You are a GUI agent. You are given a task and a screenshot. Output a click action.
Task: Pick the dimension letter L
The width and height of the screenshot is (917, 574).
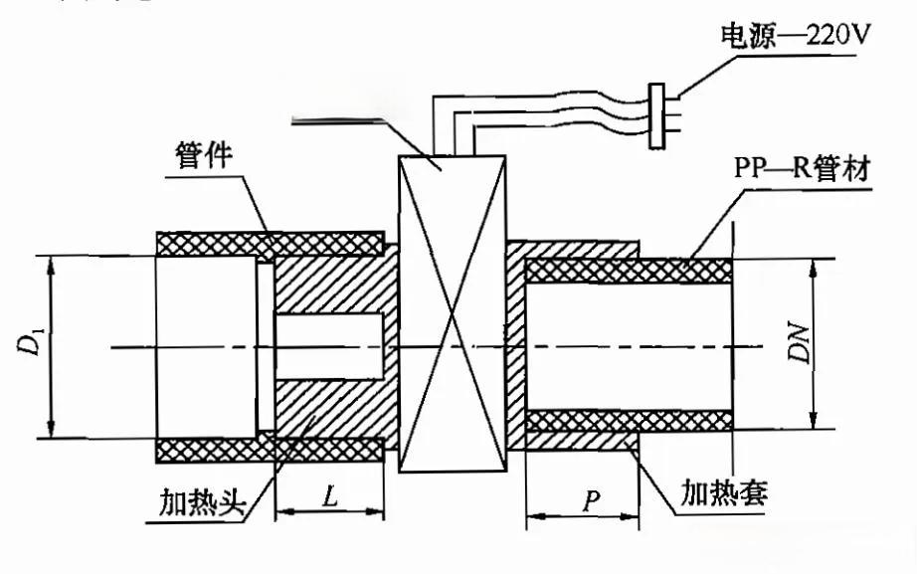[328, 493]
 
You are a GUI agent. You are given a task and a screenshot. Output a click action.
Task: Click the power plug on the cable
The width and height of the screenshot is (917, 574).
[657, 114]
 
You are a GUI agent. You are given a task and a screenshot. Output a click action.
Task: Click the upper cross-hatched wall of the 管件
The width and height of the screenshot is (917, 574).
[269, 243]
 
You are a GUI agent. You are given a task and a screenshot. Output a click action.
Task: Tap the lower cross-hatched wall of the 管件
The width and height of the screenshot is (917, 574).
[269, 450]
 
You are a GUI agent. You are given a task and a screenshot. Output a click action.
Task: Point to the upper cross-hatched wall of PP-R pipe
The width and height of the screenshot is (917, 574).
[627, 270]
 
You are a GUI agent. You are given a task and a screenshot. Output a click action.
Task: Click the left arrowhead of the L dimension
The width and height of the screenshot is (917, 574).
[280, 512]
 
